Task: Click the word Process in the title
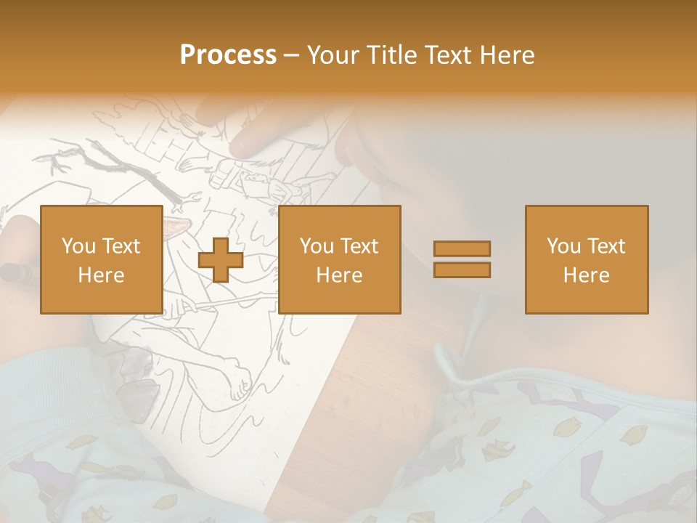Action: (x=228, y=55)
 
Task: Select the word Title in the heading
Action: (x=392, y=55)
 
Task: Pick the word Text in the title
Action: (x=447, y=55)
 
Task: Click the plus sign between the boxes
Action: (x=220, y=259)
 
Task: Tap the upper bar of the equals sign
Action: (x=462, y=249)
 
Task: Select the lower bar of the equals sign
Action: (x=462, y=269)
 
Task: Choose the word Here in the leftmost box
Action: (x=101, y=275)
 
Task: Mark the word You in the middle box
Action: (x=317, y=246)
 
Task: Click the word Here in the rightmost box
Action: (x=586, y=275)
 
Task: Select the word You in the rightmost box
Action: (x=564, y=246)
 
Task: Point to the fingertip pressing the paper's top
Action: (x=247, y=145)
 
